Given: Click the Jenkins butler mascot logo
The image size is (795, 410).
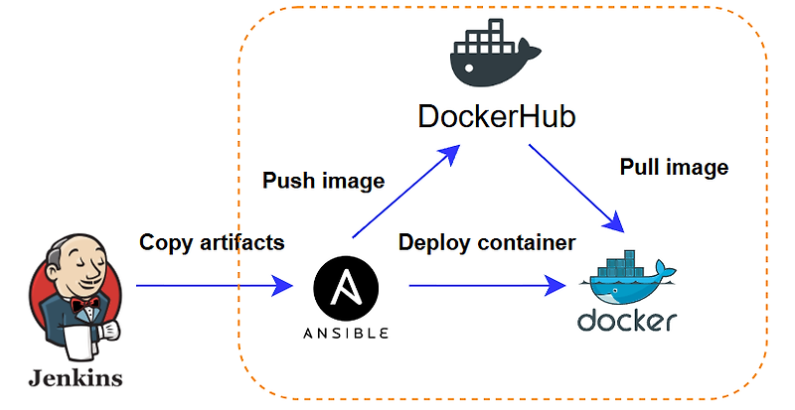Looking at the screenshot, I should [75, 298].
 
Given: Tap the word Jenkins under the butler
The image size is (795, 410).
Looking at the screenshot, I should [76, 378].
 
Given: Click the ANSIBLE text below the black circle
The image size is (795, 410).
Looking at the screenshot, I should [346, 333].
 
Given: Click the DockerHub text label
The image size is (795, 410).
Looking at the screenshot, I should [497, 116].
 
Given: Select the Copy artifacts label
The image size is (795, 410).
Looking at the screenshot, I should [212, 242].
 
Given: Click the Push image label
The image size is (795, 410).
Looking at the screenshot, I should [323, 181].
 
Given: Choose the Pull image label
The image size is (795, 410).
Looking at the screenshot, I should [674, 167].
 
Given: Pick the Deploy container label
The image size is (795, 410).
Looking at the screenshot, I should [487, 242].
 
